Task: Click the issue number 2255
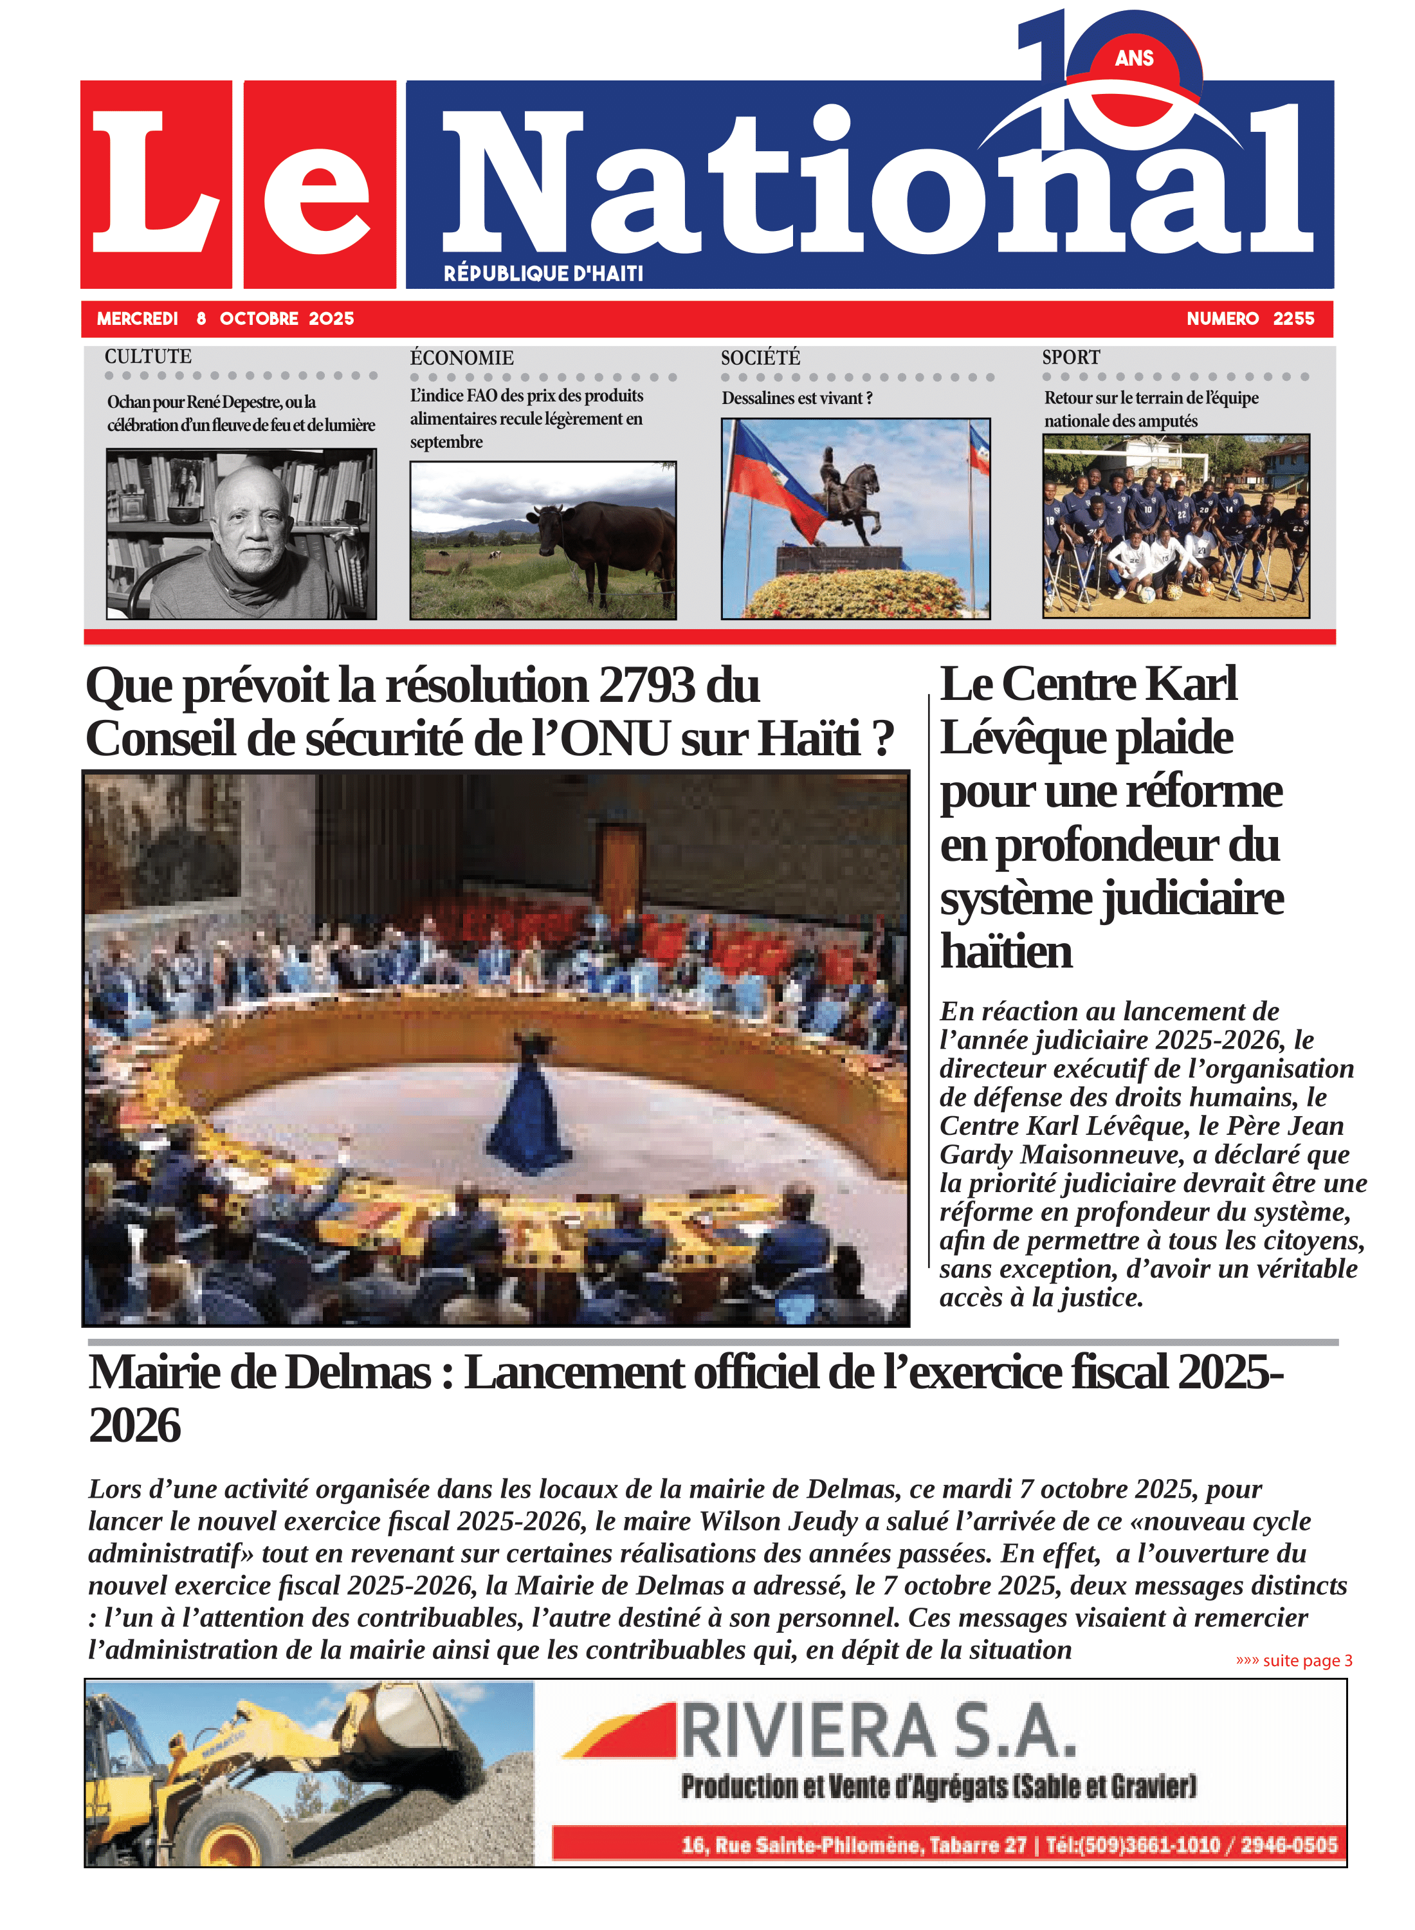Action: (x=1293, y=318)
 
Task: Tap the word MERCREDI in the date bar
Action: (x=137, y=318)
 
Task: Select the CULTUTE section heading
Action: (x=148, y=356)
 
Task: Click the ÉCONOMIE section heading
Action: (x=462, y=357)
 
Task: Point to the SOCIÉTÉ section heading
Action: (x=760, y=357)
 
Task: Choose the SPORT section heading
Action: (x=1071, y=357)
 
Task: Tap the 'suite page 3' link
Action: (x=1293, y=1660)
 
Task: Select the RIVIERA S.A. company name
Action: (x=878, y=1731)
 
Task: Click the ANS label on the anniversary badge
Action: (x=1134, y=59)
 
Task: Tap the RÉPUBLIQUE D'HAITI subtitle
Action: (x=543, y=273)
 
